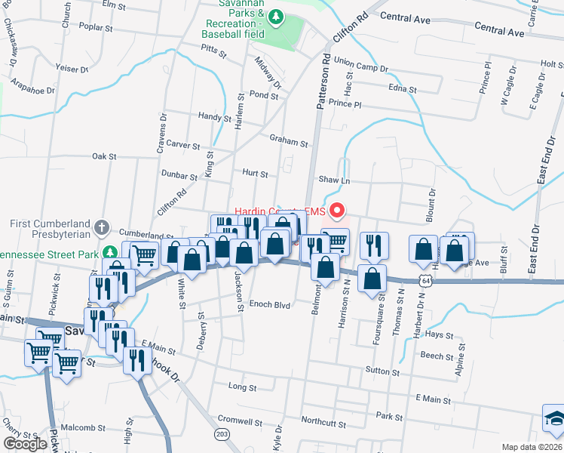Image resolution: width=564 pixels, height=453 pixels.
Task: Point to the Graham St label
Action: [289, 143]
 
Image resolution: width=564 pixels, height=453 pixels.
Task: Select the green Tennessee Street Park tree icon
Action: [110, 252]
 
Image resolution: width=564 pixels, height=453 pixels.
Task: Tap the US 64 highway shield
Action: [427, 281]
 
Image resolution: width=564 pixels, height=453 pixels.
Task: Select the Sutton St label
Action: [382, 371]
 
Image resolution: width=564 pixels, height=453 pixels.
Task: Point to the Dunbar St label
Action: [179, 175]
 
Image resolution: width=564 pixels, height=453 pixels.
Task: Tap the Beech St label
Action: [437, 356]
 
